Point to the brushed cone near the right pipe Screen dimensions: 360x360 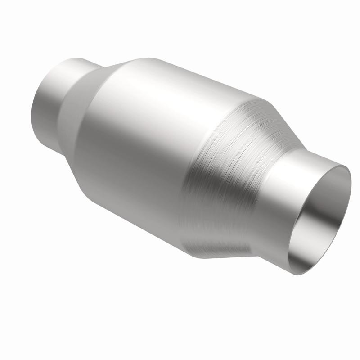(x=225, y=180)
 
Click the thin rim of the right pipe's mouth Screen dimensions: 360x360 (x=349, y=189)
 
